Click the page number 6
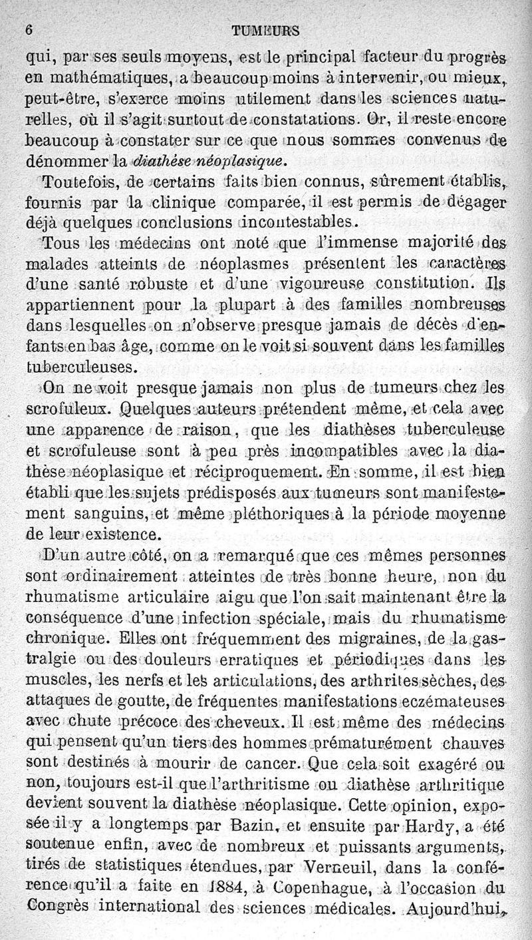29,29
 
